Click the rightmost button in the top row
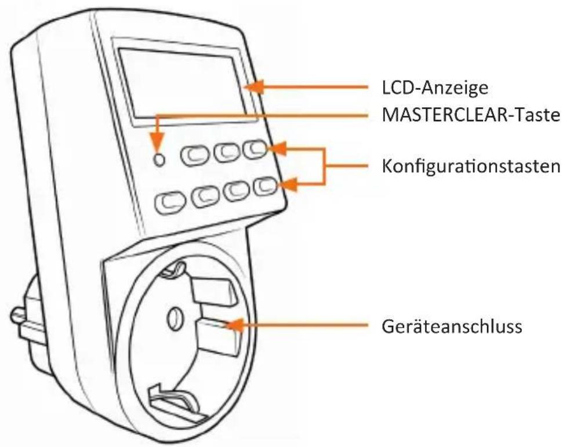[255, 150]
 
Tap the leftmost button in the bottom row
[168, 201]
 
